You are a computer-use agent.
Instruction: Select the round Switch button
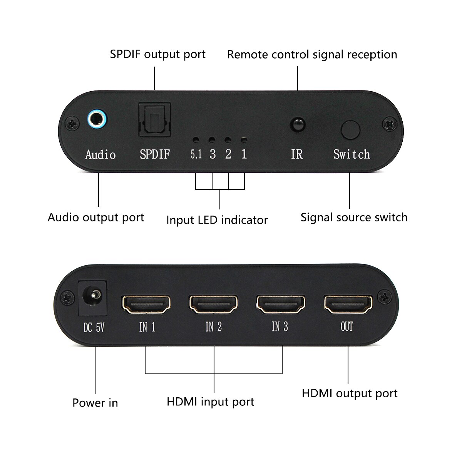tap(350, 130)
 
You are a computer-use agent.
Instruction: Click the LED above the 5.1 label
tap(196, 140)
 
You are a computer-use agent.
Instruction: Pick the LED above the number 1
tap(243, 140)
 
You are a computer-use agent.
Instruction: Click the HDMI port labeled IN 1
tap(146, 304)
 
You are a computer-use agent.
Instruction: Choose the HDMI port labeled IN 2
tap(213, 304)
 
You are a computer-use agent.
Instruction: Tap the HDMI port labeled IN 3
tap(281, 304)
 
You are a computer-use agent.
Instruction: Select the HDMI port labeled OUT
tap(348, 304)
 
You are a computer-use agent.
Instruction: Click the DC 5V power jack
tap(92, 297)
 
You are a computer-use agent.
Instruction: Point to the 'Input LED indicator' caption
tap(217, 220)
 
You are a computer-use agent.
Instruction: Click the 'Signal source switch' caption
tap(354, 217)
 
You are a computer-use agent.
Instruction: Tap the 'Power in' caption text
tap(95, 403)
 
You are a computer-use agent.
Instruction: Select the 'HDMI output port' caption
tap(350, 393)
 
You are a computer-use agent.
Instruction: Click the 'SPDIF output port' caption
tap(158, 54)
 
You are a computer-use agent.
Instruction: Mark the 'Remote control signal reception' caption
tap(312, 54)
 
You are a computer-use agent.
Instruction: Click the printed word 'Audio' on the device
tap(100, 155)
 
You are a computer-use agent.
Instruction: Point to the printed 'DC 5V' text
tap(94, 328)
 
